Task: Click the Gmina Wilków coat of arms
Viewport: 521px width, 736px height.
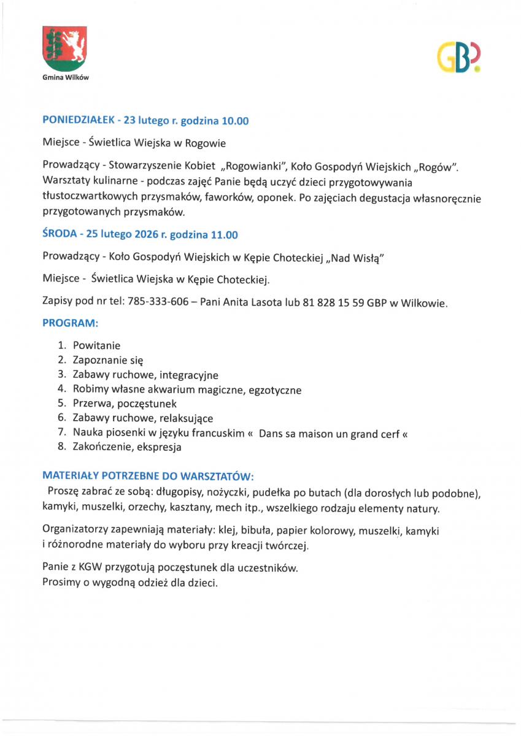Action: (x=64, y=50)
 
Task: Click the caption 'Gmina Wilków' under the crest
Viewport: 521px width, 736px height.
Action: (x=64, y=78)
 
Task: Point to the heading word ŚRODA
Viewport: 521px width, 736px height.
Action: (x=60, y=234)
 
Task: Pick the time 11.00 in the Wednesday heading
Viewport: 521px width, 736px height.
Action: (x=225, y=235)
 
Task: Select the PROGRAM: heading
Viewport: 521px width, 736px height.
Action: (x=71, y=322)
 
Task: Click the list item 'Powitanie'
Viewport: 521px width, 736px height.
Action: (x=96, y=345)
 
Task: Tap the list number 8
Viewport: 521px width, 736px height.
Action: (x=61, y=447)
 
